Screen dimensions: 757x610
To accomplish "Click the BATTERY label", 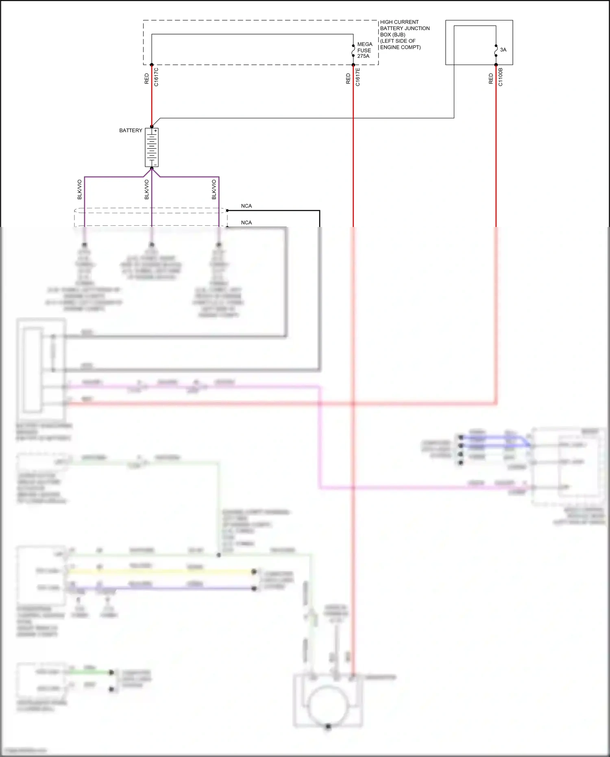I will click(131, 131).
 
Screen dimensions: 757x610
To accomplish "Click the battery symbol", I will click(152, 148).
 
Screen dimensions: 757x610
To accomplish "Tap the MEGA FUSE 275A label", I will click(364, 50).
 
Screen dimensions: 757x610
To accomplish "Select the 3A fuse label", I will click(503, 50).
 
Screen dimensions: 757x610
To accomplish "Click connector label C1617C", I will click(157, 77).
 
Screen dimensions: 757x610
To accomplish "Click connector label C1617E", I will click(358, 77).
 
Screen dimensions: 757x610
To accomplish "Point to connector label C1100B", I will click(501, 77).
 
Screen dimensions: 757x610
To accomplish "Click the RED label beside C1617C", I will click(147, 79).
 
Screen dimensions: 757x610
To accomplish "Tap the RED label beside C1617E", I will click(348, 79).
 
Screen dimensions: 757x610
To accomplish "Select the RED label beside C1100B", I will click(491, 79).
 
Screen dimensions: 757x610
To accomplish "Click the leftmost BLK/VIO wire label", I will click(80, 190).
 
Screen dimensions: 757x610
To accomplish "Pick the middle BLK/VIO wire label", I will click(147, 190).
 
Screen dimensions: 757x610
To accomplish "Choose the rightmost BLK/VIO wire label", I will click(214, 190).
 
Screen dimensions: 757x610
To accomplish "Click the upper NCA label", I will click(246, 206).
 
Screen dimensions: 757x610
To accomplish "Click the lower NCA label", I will click(246, 223).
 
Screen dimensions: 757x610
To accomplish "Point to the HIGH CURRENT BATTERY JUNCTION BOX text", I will click(404, 35).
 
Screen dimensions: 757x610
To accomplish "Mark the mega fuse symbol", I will click(353, 50).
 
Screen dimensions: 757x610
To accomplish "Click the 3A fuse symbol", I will click(496, 50).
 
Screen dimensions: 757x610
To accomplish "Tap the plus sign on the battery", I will click(155, 131).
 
